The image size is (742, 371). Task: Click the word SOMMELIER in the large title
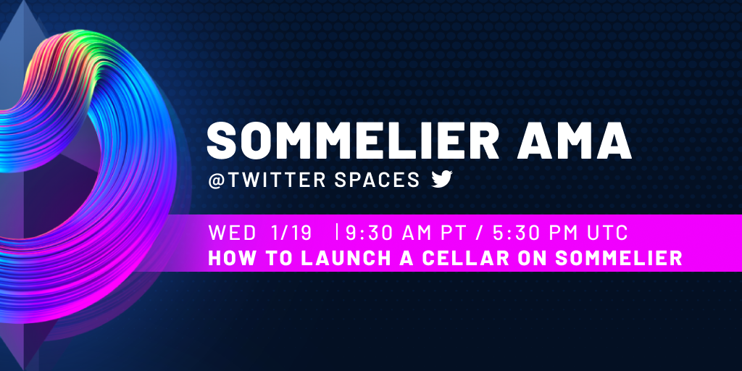[x=353, y=141]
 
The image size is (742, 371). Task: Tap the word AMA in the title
[x=574, y=141]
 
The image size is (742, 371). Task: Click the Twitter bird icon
[x=442, y=180]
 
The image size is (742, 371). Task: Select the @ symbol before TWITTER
[x=216, y=180]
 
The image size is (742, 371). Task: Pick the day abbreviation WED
[x=232, y=233]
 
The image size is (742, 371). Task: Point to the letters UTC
[x=608, y=233]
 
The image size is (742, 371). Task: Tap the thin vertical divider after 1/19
[x=336, y=232]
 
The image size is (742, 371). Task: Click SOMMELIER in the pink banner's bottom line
[x=618, y=259]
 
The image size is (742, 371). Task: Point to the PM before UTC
[x=569, y=233]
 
